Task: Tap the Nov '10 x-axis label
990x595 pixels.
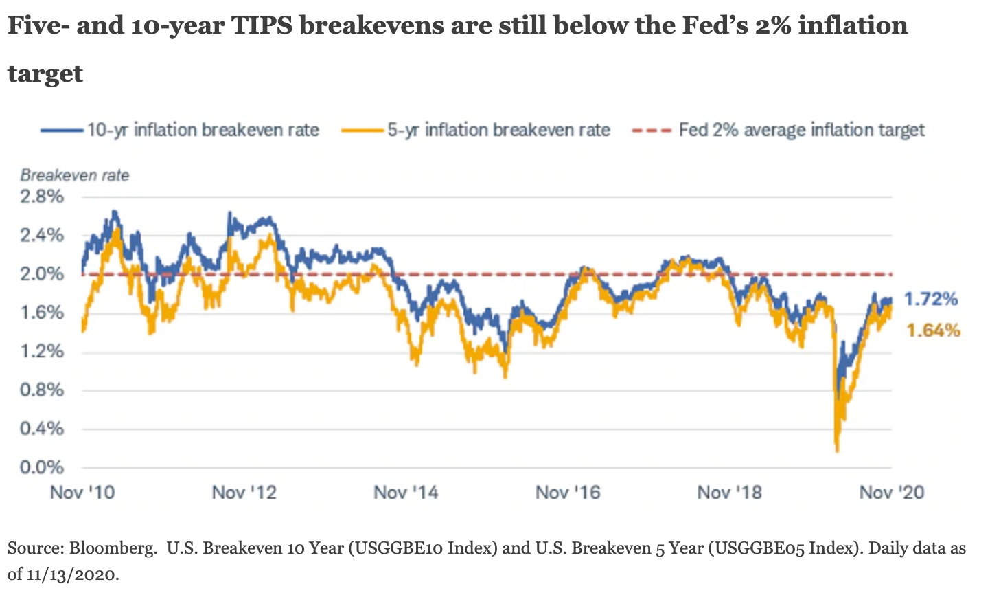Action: (x=82, y=493)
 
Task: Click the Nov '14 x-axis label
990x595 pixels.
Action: (x=406, y=493)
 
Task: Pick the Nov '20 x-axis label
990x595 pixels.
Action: (x=892, y=493)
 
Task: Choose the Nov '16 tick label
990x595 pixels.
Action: (x=568, y=493)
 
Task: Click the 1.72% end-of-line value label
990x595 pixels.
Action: (x=930, y=300)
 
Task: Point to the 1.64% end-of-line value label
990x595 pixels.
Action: (x=933, y=331)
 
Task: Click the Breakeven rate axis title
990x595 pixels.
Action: (x=75, y=175)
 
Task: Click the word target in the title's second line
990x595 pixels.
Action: (x=45, y=74)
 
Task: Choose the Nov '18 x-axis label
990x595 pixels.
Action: (x=730, y=493)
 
